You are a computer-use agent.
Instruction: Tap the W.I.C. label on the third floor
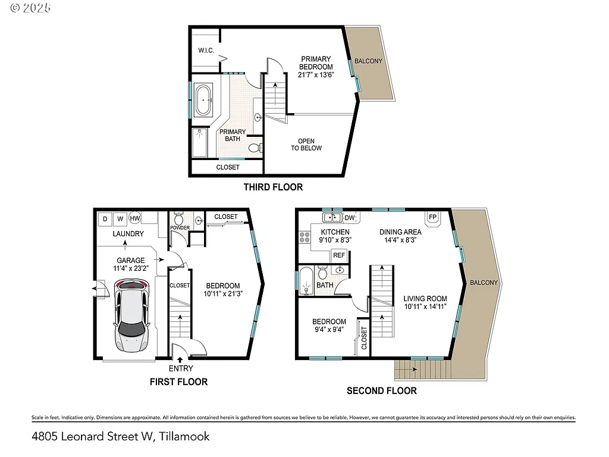pyautogui.click(x=206, y=50)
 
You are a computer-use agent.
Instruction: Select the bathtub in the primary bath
pyautogui.click(x=204, y=100)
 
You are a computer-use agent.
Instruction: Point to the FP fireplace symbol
pyautogui.click(x=432, y=218)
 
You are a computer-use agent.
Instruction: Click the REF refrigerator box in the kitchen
pyautogui.click(x=339, y=255)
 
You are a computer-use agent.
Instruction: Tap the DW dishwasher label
pyautogui.click(x=350, y=218)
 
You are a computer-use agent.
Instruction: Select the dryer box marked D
pyautogui.click(x=105, y=218)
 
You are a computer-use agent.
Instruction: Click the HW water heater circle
pyautogui.click(x=134, y=218)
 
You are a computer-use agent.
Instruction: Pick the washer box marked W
pyautogui.click(x=121, y=218)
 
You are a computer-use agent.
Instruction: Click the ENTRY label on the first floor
pyautogui.click(x=180, y=368)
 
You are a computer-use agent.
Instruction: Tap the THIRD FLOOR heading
pyautogui.click(x=273, y=187)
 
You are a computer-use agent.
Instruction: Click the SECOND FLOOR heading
pyautogui.click(x=381, y=390)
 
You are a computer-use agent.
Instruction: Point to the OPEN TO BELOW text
pyautogui.click(x=306, y=145)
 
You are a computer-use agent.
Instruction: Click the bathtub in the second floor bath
pyautogui.click(x=306, y=281)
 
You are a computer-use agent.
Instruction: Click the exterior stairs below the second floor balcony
pyautogui.click(x=422, y=370)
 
